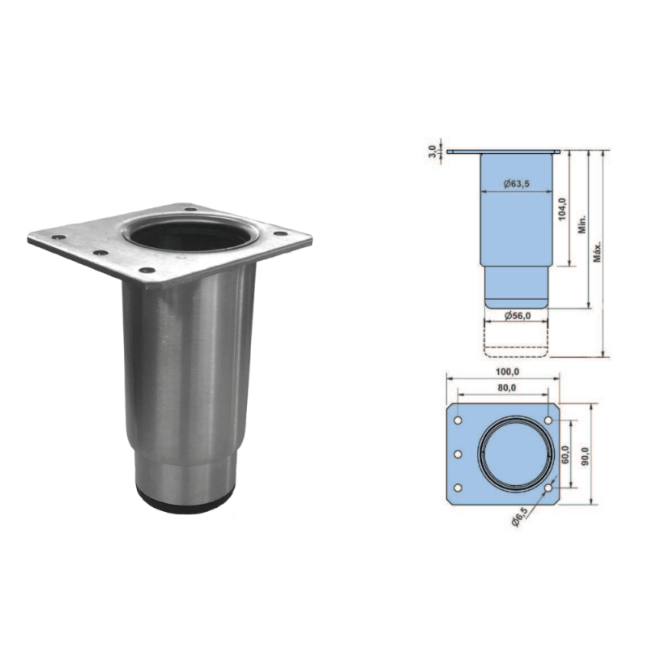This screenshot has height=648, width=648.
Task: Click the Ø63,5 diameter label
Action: pyautogui.click(x=517, y=184)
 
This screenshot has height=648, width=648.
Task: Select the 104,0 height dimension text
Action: pyautogui.click(x=561, y=209)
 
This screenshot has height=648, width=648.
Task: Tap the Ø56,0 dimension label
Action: pyautogui.click(x=518, y=315)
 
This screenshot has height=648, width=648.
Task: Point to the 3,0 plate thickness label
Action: pyautogui.click(x=433, y=151)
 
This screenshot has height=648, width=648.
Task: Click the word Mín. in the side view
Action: pyautogui.click(x=582, y=224)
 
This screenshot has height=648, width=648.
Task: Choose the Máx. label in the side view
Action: pyautogui.click(x=597, y=252)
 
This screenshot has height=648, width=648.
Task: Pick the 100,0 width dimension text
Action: pyautogui.click(x=507, y=372)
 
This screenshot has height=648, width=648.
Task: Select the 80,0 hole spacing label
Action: pyautogui.click(x=506, y=388)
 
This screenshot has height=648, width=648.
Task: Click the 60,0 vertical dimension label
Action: pyautogui.click(x=565, y=454)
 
